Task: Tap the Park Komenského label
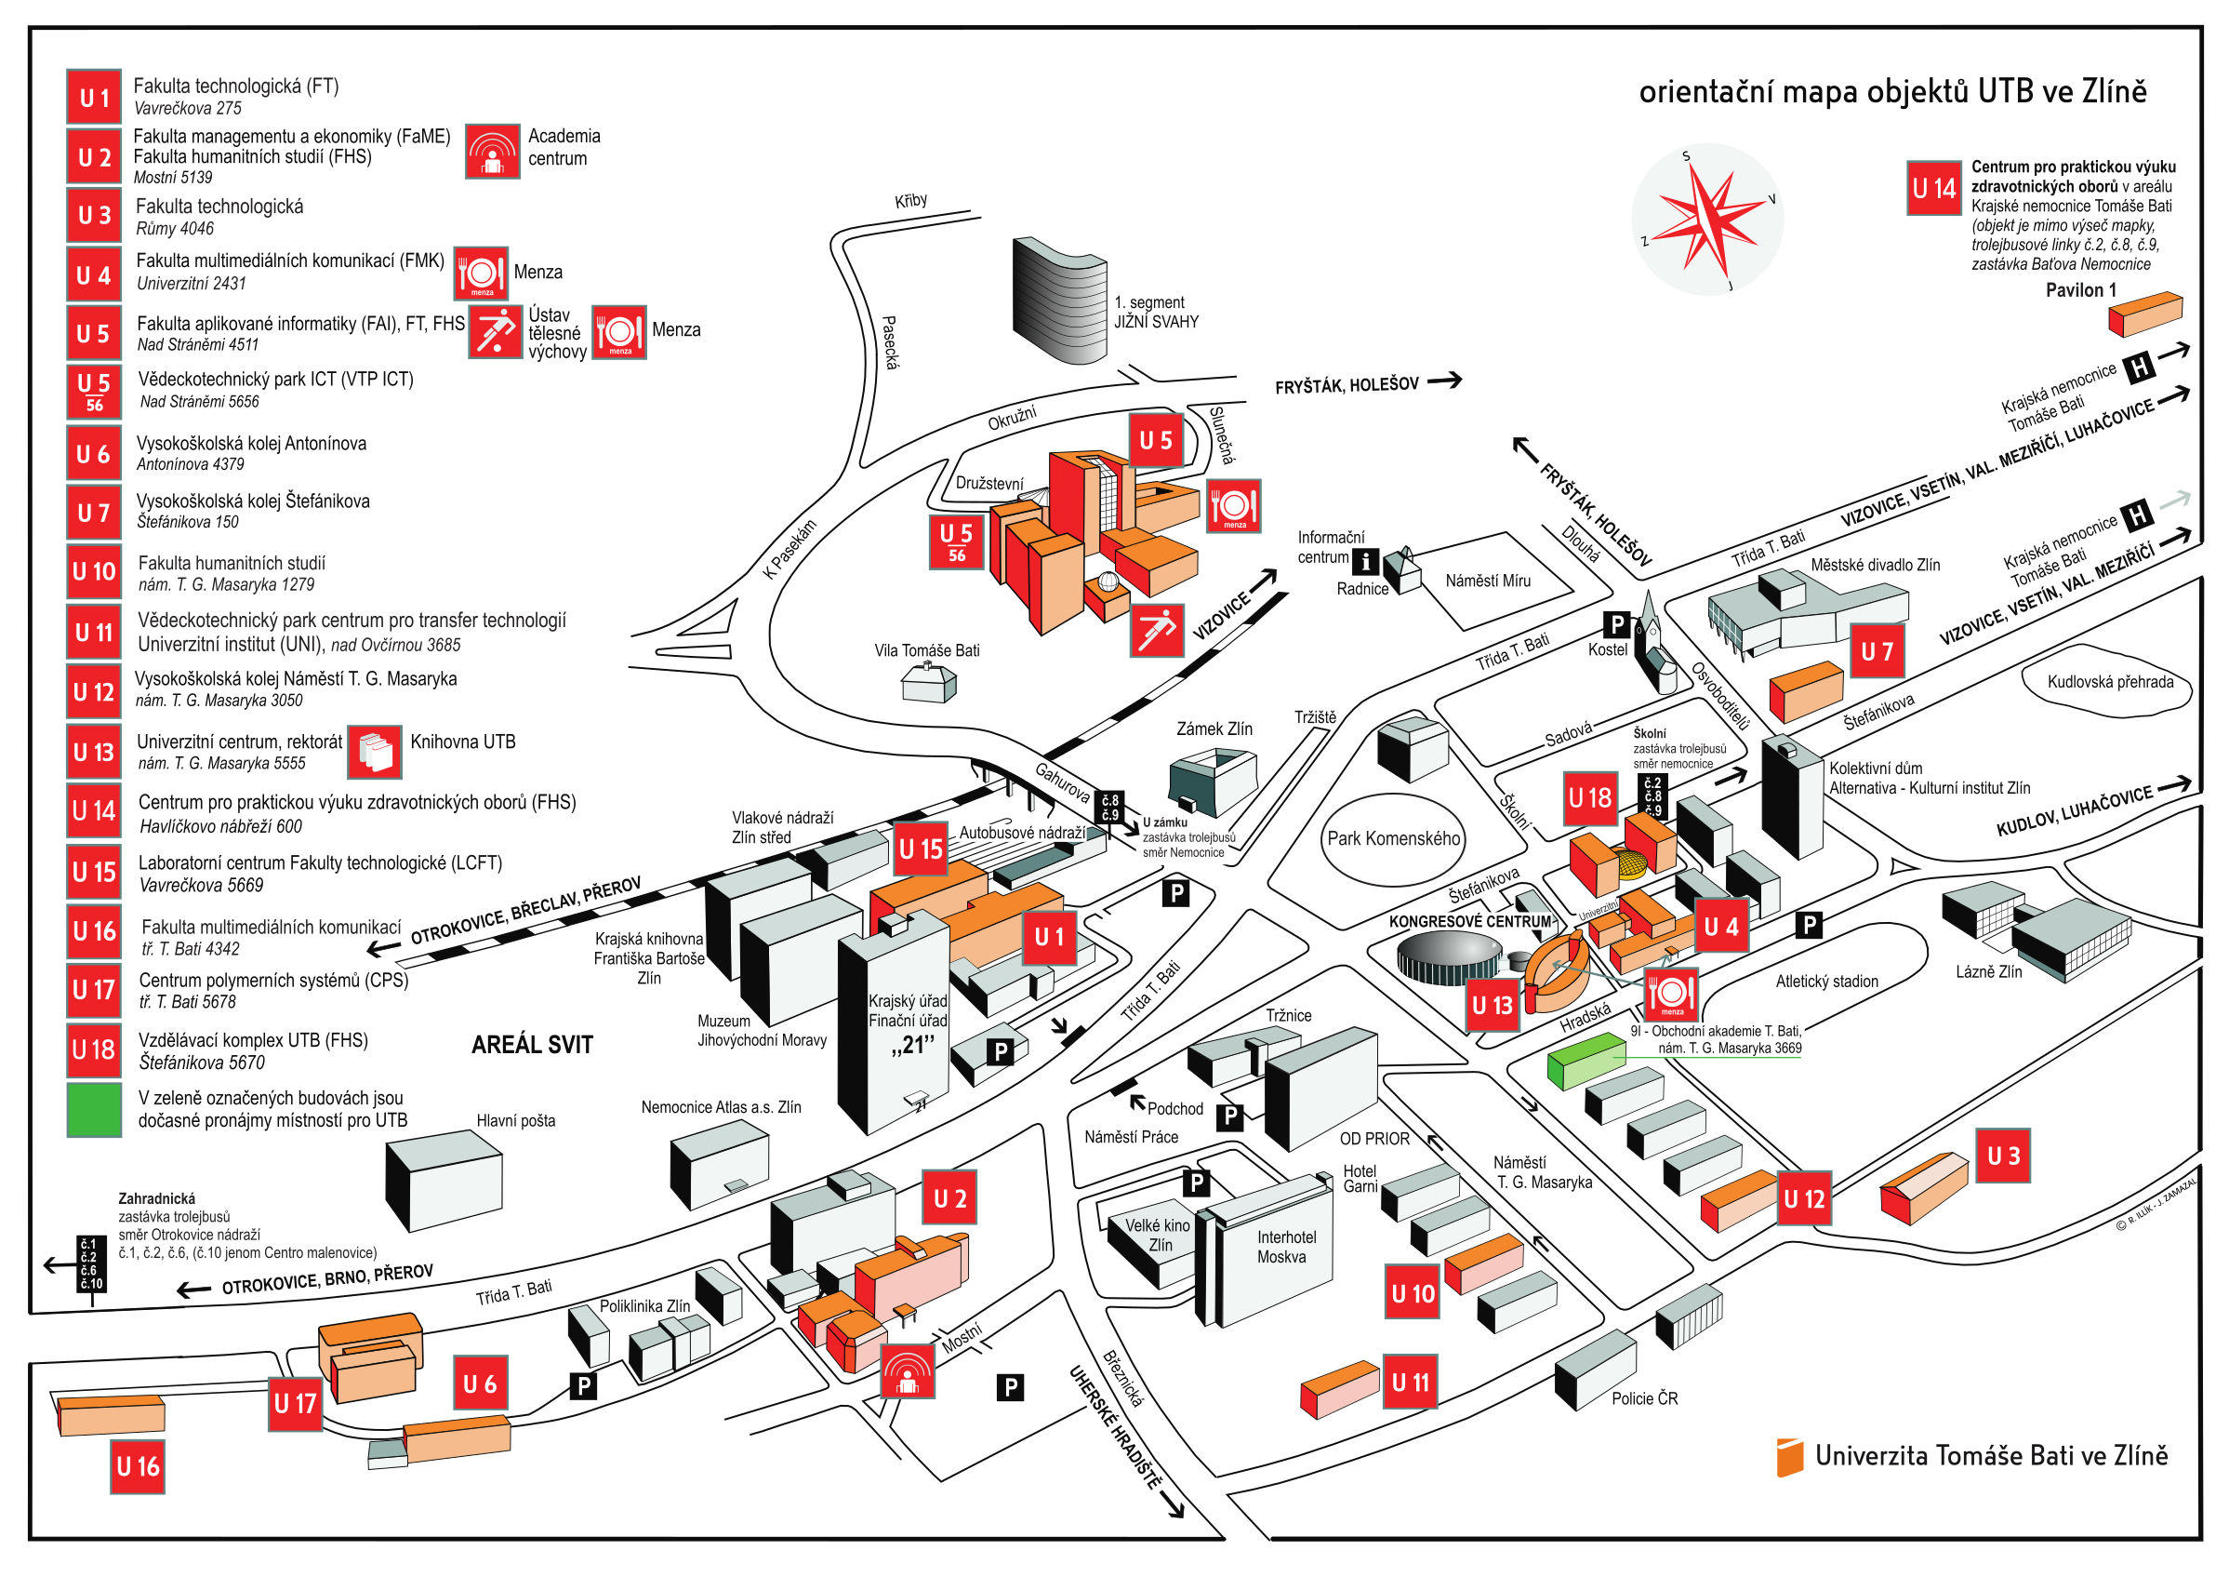click(1393, 839)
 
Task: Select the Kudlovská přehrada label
click(2110, 682)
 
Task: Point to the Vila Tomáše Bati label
click(926, 650)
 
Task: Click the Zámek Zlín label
click(1214, 729)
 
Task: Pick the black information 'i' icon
click(1365, 561)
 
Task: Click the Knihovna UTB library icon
click(374, 753)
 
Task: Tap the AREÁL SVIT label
click(532, 1045)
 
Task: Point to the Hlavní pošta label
click(515, 1121)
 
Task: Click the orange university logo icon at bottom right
click(1788, 1458)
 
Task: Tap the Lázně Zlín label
click(1988, 972)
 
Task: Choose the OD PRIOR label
click(1373, 1139)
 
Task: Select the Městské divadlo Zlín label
click(1875, 565)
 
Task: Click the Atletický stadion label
click(1826, 982)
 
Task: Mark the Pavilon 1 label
click(2080, 290)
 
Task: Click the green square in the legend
click(94, 1110)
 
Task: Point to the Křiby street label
click(910, 201)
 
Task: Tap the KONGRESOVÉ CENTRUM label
click(1469, 921)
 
